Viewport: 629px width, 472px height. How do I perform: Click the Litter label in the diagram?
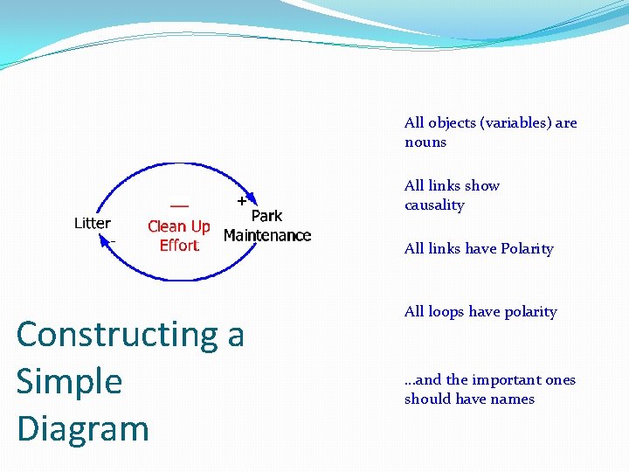pos(92,223)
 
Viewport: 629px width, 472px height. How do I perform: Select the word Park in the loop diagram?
pos(266,216)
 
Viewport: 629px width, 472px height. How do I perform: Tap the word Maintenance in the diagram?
pos(267,235)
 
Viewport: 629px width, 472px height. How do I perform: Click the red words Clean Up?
pos(179,226)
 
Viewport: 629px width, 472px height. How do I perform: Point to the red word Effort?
pos(179,246)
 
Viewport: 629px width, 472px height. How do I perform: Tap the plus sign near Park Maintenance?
pos(241,200)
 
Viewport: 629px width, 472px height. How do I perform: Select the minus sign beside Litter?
pos(113,239)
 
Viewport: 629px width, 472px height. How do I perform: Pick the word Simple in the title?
pos(69,381)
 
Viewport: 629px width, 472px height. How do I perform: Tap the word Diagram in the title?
pos(83,428)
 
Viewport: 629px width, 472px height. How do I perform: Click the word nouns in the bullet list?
pos(425,142)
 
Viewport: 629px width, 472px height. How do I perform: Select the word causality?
pos(434,205)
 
